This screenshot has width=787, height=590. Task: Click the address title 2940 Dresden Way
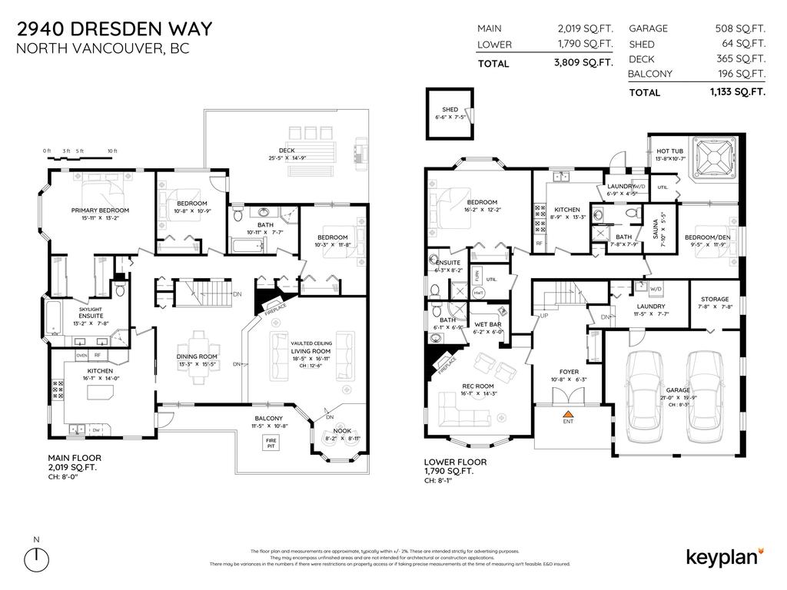(115, 30)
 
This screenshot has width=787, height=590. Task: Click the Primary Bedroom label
(100, 210)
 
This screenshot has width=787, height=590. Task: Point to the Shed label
(450, 110)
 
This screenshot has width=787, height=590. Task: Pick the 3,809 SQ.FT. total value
(583, 63)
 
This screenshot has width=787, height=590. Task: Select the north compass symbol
(37, 559)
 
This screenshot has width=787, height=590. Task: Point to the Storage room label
(713, 300)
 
